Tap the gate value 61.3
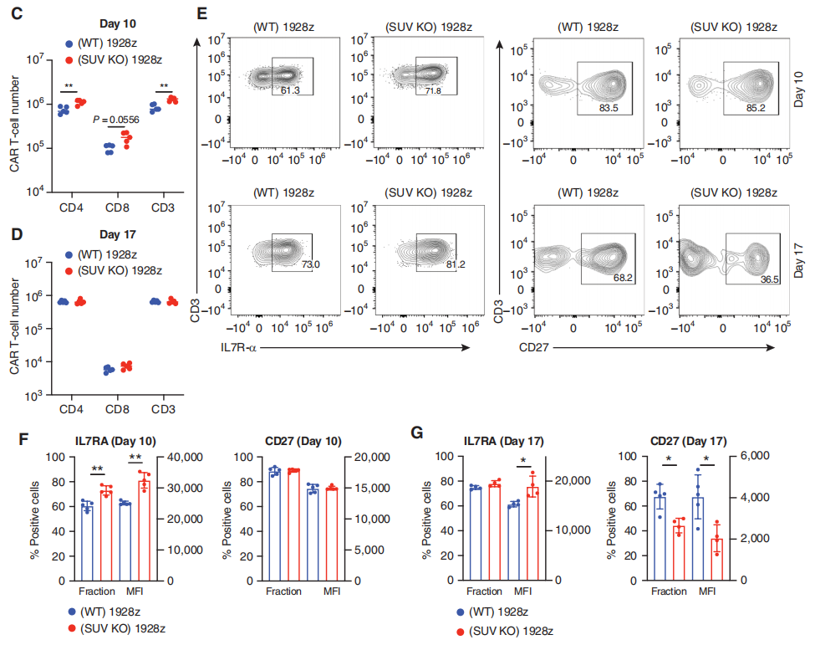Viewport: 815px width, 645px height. click(x=291, y=90)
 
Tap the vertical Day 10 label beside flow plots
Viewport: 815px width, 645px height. click(x=799, y=88)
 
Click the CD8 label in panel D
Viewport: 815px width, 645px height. click(x=115, y=410)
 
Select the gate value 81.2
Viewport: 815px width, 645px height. click(x=435, y=265)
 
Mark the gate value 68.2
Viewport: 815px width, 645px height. click(x=622, y=277)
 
